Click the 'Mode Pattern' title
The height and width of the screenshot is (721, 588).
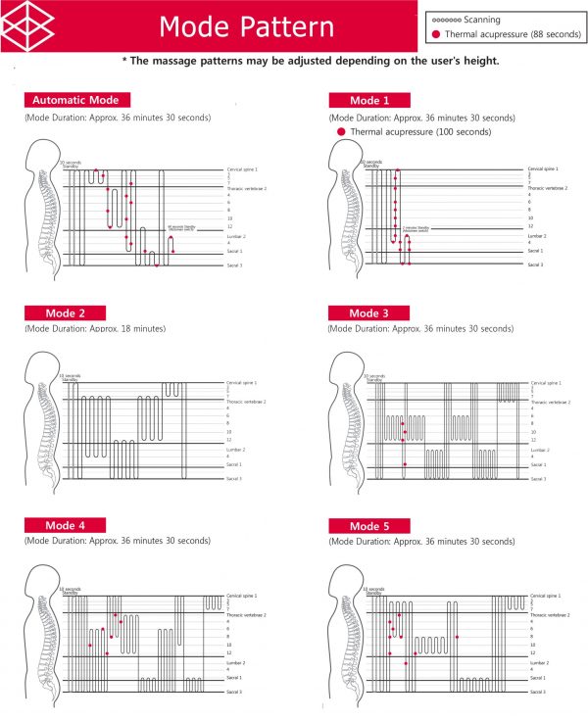point(246,26)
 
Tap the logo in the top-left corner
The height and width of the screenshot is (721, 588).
point(26,25)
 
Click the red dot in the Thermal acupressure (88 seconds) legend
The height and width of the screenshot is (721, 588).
point(435,34)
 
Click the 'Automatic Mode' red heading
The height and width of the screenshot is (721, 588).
point(76,100)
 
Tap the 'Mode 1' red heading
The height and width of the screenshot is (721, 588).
point(369,100)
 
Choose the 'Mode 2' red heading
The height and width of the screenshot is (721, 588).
point(68,313)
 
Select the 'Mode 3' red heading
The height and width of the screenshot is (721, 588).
point(369,313)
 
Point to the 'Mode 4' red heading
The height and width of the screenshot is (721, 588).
point(68,525)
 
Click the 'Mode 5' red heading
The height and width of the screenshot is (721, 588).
point(369,525)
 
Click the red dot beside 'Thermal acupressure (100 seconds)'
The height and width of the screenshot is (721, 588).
point(340,131)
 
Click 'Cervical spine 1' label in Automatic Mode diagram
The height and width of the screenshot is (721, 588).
point(242,169)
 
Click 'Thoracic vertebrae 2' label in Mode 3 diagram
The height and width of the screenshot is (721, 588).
point(550,401)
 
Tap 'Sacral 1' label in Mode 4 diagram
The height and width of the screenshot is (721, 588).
point(235,677)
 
